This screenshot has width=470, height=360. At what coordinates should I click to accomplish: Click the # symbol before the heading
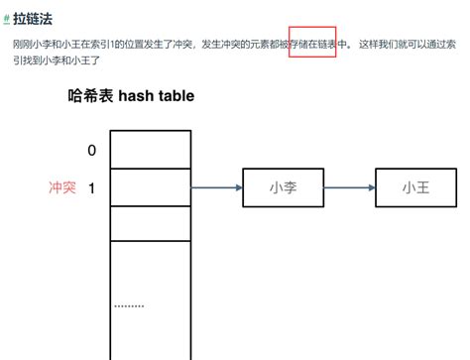click(7, 18)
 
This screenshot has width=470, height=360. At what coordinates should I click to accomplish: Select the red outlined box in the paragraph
click(312, 45)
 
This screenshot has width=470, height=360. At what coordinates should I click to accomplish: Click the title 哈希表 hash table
click(131, 96)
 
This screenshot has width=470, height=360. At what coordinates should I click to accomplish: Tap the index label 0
click(92, 151)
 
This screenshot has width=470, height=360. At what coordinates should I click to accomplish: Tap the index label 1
click(92, 186)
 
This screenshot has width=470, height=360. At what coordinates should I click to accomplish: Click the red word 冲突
click(62, 186)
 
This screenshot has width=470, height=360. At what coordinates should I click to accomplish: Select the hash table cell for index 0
click(150, 150)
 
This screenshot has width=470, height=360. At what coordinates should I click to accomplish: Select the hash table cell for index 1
click(150, 186)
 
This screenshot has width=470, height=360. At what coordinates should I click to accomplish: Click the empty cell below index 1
click(150, 222)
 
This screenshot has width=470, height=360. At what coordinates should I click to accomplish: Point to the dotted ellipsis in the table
click(129, 305)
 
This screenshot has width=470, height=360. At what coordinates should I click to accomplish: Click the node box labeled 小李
click(284, 187)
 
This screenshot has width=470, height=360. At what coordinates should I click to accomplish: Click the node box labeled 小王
click(415, 187)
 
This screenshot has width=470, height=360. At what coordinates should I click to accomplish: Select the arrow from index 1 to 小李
click(216, 187)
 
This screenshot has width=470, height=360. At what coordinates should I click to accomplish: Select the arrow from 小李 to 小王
click(350, 187)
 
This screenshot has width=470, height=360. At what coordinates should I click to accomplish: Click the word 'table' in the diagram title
click(175, 96)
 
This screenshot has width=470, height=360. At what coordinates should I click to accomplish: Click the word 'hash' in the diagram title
click(135, 96)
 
